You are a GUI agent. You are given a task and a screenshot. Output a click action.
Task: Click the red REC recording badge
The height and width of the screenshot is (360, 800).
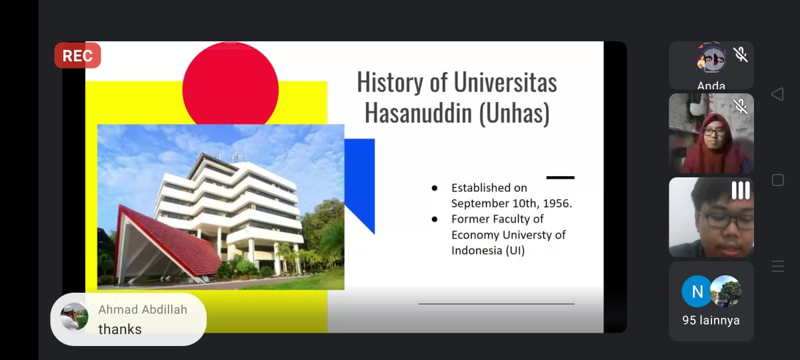pos(77,55)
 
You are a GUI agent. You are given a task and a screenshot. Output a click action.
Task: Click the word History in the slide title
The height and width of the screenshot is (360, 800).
pos(390,82)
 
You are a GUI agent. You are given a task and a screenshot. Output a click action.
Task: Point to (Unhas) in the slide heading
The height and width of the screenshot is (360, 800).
pos(514,113)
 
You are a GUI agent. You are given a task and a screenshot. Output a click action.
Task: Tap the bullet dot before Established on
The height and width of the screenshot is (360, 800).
pos(434,188)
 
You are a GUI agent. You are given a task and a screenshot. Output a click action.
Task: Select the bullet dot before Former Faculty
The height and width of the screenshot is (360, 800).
pos(434,219)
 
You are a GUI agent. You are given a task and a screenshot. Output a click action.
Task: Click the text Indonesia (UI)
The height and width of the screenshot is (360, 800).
pos(488,251)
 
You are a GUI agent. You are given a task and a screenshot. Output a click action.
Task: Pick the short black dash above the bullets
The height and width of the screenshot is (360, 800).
pos(561,177)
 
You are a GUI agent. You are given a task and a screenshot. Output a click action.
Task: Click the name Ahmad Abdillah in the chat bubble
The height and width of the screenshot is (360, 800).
pos(143,309)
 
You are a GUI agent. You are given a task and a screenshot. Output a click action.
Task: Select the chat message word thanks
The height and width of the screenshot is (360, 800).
pos(120,329)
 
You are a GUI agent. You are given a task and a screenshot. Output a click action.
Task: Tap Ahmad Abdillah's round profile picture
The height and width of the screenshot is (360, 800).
pos(74,317)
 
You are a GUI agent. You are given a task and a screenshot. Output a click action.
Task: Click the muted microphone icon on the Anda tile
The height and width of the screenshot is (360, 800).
pos(741,55)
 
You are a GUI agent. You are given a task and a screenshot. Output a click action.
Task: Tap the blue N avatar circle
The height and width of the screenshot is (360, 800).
pos(697,291)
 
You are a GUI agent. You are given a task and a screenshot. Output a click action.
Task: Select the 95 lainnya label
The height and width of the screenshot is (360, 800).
pos(711,321)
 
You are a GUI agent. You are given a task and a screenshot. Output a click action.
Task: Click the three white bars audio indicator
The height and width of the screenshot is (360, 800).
pos(741,191)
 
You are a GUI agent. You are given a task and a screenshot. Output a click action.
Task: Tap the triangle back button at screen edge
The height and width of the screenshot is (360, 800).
pos(777,94)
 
